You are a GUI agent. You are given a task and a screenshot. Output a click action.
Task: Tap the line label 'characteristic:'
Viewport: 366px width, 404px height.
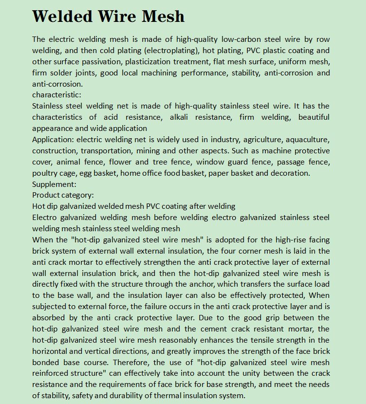[x=57, y=94]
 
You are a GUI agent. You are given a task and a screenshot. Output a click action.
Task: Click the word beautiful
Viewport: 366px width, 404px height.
[x=313, y=117]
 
